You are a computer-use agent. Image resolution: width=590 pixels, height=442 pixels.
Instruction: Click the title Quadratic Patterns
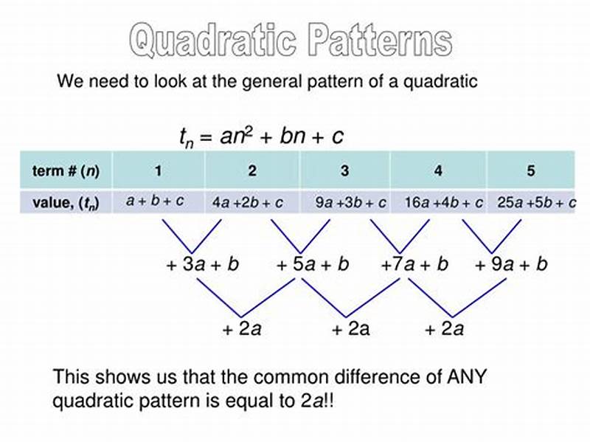click(289, 40)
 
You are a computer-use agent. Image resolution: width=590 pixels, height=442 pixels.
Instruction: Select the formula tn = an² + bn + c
click(261, 136)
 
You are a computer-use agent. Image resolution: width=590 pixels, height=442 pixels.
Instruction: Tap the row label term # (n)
click(66, 171)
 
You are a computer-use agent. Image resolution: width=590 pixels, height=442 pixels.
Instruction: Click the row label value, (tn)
click(66, 202)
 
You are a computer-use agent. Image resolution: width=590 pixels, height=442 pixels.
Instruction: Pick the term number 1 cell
click(158, 171)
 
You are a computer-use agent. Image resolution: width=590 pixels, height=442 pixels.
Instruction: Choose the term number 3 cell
click(344, 171)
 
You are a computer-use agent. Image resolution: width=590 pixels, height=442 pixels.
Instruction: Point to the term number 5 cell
click(531, 171)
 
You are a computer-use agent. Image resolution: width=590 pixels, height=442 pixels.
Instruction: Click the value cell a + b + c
click(155, 201)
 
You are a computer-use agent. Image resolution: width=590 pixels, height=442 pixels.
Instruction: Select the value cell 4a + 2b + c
click(248, 202)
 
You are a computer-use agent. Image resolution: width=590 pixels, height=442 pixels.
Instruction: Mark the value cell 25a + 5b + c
click(536, 202)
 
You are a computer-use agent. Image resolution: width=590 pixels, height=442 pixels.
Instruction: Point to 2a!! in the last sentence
click(322, 402)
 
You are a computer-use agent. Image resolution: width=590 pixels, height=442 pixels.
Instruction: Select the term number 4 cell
click(438, 171)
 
